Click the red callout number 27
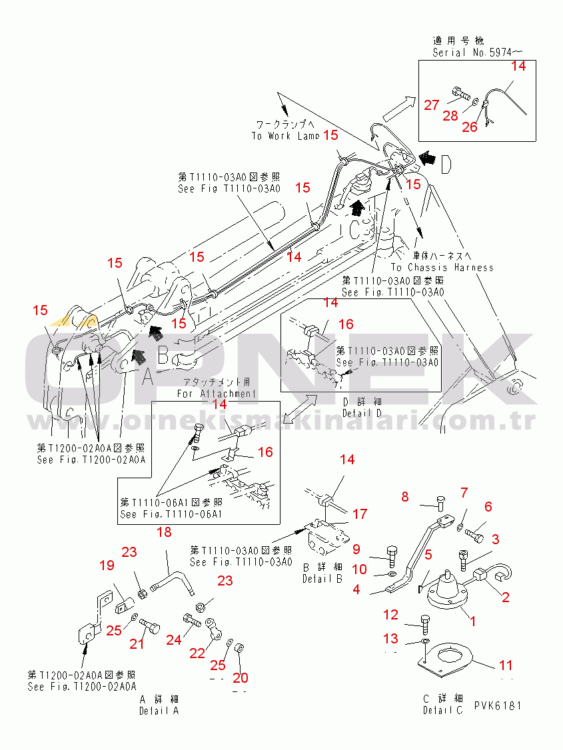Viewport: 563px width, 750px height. click(432, 105)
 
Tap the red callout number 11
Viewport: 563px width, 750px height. click(506, 665)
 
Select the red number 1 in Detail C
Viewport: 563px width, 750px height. click(473, 622)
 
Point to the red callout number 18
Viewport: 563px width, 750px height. click(163, 532)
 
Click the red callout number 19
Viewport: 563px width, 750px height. click(107, 566)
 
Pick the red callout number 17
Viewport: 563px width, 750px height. click(360, 514)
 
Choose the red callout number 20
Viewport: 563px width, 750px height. click(240, 678)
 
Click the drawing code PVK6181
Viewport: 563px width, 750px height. click(498, 705)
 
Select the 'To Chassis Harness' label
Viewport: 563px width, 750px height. click(452, 267)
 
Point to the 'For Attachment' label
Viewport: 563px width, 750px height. click(216, 393)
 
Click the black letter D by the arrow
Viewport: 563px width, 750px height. click(445, 162)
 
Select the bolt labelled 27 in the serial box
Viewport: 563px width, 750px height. click(460, 94)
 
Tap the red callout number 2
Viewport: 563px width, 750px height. click(506, 597)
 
